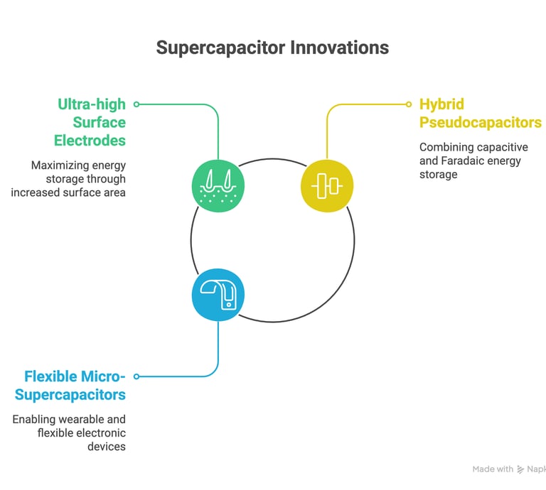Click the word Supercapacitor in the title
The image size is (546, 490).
coord(221,48)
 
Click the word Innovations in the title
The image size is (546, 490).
coord(340,48)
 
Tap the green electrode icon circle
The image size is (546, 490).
coord(218,186)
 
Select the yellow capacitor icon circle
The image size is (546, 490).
coord(327,186)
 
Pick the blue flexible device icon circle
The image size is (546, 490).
coord(218,295)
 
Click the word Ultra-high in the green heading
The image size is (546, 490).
coord(92,104)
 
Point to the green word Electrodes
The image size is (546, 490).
coord(90,141)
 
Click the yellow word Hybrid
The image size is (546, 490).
coord(441,104)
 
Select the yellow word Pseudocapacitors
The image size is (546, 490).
coord(481,122)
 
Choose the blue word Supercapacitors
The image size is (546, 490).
coord(70,395)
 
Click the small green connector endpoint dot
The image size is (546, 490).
coord(136,104)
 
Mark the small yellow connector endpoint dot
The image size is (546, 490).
coord(409,104)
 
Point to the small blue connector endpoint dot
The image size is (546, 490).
coord(136,376)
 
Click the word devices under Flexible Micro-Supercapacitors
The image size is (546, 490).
coord(107,446)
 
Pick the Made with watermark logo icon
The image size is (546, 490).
coord(520,469)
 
